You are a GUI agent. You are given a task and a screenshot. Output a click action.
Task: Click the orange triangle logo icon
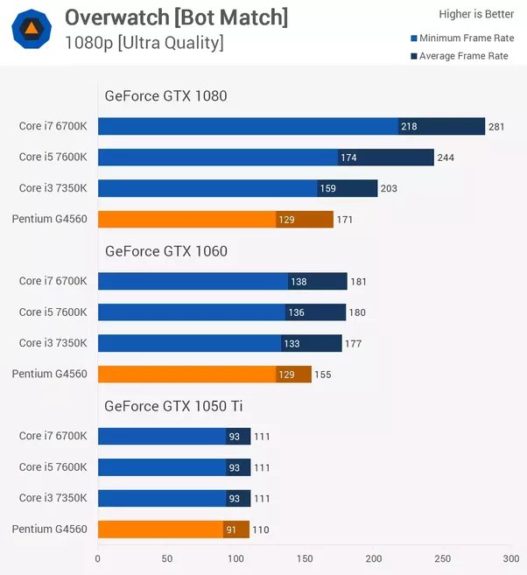coord(31,30)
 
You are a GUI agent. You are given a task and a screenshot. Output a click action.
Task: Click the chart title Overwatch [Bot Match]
coord(176,17)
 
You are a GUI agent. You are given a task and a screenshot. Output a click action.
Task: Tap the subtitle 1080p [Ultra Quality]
coord(144,42)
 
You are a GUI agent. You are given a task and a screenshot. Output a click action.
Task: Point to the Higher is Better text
coord(476,14)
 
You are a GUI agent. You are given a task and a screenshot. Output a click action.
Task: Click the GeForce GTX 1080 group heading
coord(165,96)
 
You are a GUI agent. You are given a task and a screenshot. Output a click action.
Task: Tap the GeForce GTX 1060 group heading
coord(165,251)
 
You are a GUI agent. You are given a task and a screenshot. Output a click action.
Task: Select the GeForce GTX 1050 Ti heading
coord(172,405)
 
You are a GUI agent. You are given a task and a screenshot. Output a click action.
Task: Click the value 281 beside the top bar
coord(496,127)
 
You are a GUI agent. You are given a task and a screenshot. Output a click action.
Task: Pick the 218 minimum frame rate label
coord(409,127)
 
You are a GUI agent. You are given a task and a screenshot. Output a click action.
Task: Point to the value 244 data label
coord(446,158)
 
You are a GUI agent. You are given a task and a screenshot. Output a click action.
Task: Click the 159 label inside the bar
coord(328,188)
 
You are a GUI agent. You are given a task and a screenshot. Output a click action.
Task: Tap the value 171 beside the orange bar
coord(345,220)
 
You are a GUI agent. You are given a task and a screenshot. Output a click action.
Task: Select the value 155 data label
coord(323,375)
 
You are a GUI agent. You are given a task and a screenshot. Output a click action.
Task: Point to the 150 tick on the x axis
coord(305,558)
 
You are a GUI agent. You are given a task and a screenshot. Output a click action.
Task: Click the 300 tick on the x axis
coord(511,558)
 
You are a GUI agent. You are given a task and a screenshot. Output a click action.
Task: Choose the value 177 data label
coord(353,344)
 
